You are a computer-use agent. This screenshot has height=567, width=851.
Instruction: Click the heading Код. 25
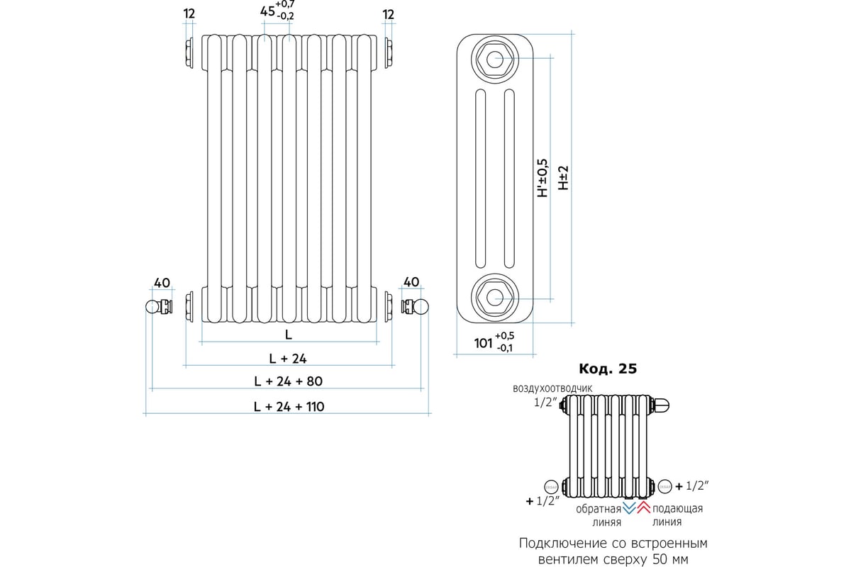click(608, 369)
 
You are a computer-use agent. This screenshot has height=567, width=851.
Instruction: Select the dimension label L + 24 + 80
click(288, 381)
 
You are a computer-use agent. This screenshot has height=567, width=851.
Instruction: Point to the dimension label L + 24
click(288, 358)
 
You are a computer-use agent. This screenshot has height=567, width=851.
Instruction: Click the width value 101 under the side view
click(483, 343)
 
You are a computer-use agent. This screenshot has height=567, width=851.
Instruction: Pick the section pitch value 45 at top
click(267, 11)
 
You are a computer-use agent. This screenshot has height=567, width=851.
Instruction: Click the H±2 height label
click(563, 178)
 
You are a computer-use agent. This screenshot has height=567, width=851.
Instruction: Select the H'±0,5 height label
click(543, 177)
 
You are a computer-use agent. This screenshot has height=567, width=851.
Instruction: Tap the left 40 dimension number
click(162, 283)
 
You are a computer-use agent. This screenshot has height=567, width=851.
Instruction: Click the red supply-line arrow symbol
click(643, 508)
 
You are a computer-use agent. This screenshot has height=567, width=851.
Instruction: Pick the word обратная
click(598, 509)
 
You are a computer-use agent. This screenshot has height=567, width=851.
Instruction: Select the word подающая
click(677, 509)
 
